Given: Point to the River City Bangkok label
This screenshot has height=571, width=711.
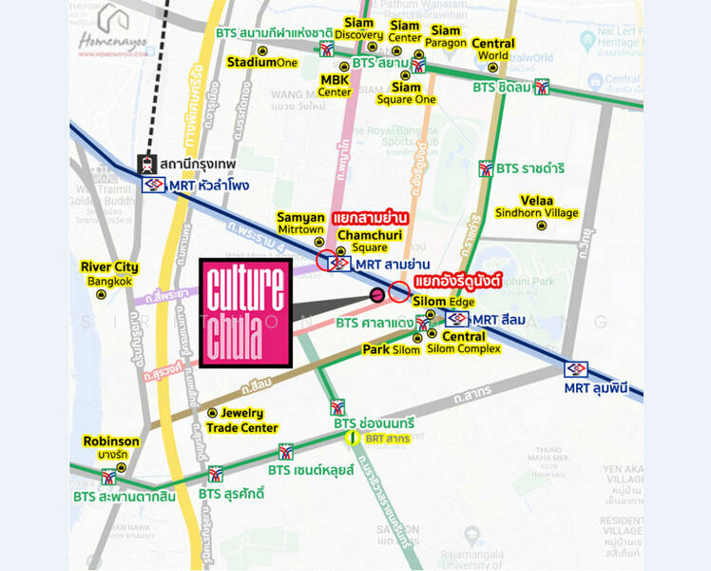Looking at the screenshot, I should pos(110,274).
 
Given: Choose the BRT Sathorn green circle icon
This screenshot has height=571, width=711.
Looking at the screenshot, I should pos(354,439).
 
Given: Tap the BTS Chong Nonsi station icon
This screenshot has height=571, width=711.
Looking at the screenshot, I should pos(337,407).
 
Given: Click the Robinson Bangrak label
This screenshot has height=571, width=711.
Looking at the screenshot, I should pos(111,447).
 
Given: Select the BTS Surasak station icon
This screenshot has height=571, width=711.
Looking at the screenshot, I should pos(216,474).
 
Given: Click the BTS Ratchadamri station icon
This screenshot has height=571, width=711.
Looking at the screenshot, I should pos(486,168).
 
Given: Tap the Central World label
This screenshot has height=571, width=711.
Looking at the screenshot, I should pos(493,49).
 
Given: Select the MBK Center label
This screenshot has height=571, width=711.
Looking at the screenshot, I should pos(335,86).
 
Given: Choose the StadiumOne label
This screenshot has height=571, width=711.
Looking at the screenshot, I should pos(261,63).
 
